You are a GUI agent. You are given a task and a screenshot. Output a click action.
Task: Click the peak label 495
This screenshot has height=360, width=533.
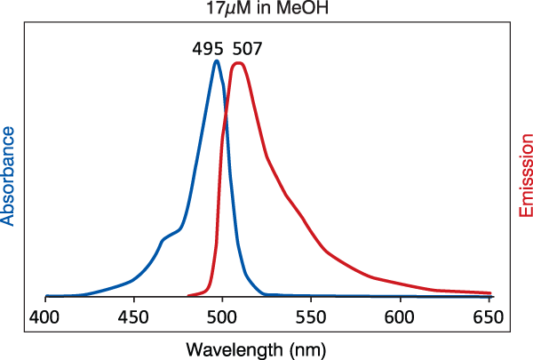tap(209, 49)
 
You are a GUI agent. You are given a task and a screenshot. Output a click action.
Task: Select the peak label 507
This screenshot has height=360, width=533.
tap(248, 49)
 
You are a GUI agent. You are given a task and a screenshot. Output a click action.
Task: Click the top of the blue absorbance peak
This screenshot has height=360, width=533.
tap(216, 61)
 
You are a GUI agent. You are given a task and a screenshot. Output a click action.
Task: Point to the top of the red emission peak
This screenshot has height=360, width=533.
tap(238, 62)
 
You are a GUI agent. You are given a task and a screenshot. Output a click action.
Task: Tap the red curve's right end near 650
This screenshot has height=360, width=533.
tap(490, 292)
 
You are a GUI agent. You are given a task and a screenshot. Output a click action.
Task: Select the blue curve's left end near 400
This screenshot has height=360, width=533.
tap(46, 295)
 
